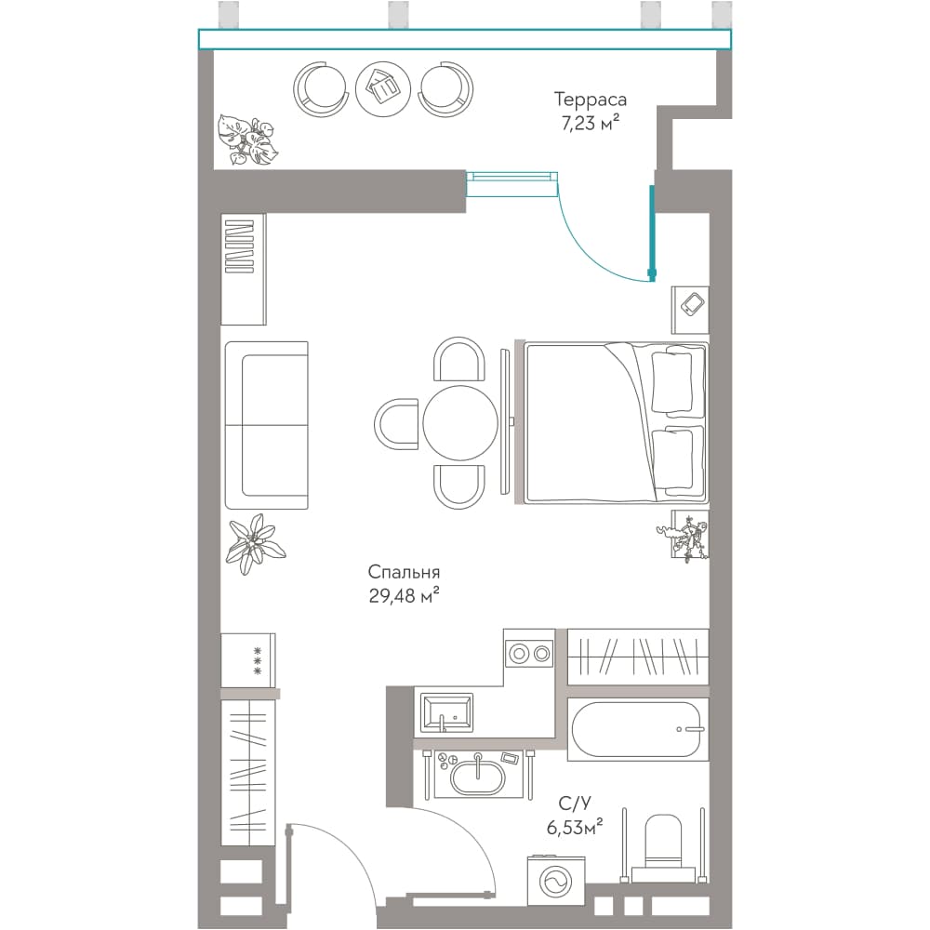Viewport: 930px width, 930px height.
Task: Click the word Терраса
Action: [x=590, y=100]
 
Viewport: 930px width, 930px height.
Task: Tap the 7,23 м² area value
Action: [x=591, y=123]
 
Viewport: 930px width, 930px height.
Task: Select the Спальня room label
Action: [x=404, y=572]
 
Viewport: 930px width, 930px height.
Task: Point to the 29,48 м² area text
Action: [x=404, y=595]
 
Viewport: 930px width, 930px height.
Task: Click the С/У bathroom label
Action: [x=575, y=804]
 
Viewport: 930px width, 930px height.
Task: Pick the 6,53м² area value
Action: [x=575, y=827]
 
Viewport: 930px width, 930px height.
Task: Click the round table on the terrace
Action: [x=383, y=89]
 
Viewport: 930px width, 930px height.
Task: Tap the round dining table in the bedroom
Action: [x=460, y=423]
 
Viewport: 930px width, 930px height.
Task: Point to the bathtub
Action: [x=638, y=729]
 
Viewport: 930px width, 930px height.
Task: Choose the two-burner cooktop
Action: [x=530, y=654]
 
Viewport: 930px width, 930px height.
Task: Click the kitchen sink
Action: [x=446, y=713]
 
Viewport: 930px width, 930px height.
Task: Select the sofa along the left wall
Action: [x=267, y=425]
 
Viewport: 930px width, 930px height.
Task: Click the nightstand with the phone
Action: [x=690, y=310]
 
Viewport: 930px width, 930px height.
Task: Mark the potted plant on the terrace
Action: [x=246, y=140]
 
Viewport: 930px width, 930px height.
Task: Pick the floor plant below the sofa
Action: [x=255, y=543]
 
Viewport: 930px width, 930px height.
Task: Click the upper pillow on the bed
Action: [x=672, y=381]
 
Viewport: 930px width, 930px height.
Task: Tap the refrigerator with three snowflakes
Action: [x=248, y=660]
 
